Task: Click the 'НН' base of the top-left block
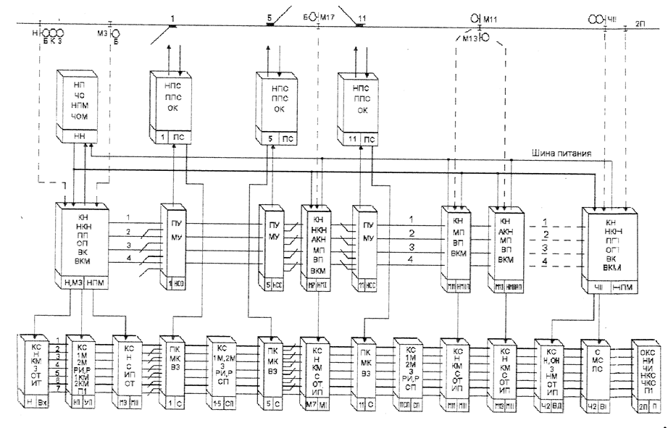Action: pyautogui.click(x=79, y=137)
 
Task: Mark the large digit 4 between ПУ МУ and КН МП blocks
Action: pyautogui.click(x=411, y=259)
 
